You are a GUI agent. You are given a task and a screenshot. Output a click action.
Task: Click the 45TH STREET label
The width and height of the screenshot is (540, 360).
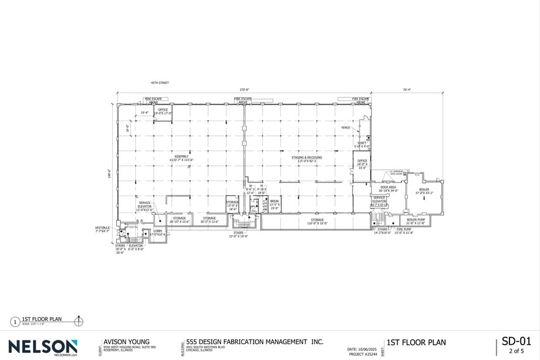tap(160, 83)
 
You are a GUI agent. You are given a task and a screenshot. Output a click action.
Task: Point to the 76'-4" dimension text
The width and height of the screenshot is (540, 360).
tap(407, 89)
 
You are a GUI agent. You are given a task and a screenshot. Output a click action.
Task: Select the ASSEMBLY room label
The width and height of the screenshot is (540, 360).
tap(182, 156)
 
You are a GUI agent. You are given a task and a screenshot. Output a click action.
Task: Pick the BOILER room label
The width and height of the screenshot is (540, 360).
tap(424, 190)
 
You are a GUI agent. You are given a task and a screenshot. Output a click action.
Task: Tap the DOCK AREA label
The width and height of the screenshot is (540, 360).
tap(388, 187)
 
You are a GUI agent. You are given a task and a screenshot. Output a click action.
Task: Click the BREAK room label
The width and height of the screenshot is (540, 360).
tap(274, 201)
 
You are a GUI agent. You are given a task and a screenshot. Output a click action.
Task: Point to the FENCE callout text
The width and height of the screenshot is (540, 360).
tap(345, 128)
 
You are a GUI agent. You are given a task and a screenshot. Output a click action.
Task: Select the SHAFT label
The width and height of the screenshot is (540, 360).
tap(362, 143)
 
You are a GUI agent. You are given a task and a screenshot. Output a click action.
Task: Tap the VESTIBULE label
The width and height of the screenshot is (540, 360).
tap(102, 228)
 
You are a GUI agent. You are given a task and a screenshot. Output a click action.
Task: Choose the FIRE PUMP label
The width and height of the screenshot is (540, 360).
tap(403, 230)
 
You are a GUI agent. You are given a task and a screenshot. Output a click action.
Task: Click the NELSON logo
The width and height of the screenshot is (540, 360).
tap(43, 346)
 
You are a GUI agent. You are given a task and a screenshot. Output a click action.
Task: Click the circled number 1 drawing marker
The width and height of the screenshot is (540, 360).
tap(15, 321)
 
